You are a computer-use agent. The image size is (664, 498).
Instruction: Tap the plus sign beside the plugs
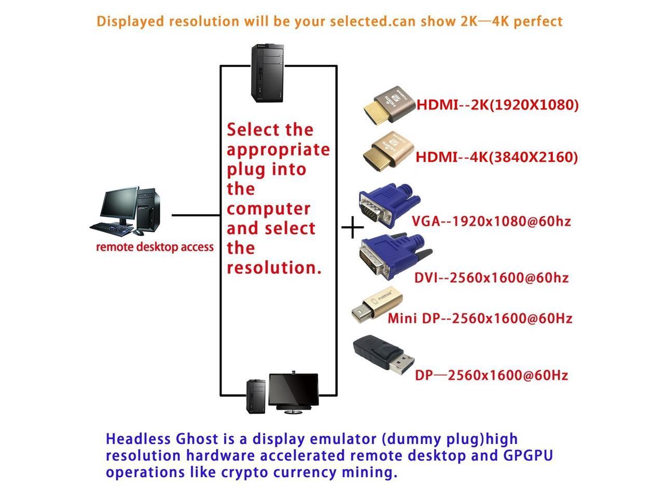click(353, 227)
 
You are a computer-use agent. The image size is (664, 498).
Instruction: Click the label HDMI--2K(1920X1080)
click(497, 105)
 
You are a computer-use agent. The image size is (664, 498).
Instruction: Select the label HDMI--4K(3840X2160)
click(496, 157)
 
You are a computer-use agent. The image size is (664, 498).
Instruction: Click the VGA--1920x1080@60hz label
click(491, 222)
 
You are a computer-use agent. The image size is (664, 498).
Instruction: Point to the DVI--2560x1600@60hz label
click(491, 278)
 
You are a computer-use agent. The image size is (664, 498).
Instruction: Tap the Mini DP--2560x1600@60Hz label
click(480, 318)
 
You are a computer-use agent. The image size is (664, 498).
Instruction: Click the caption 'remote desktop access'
click(155, 247)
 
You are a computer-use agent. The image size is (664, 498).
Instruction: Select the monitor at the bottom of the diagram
click(292, 391)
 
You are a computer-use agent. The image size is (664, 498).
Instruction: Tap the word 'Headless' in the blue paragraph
click(136, 439)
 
